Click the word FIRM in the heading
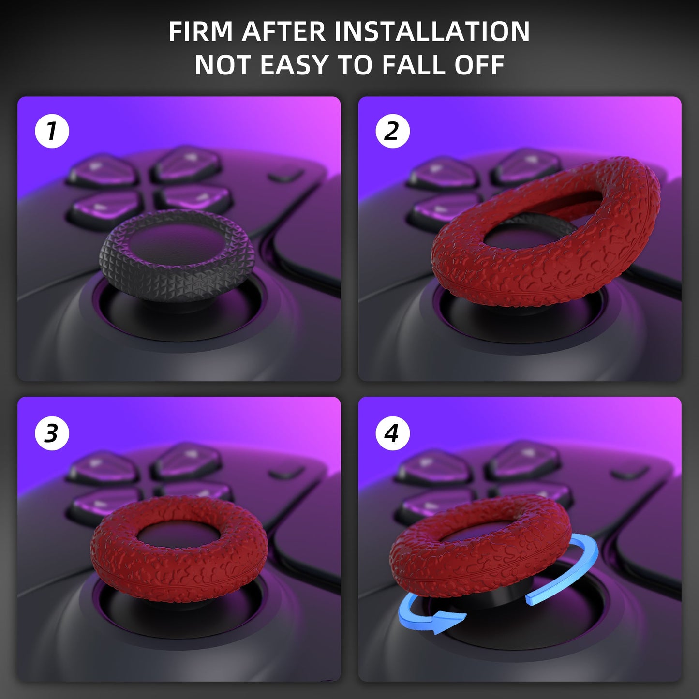click(x=200, y=31)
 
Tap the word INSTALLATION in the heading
click(x=432, y=31)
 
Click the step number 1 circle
click(x=52, y=131)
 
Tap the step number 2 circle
click(x=392, y=131)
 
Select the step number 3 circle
click(x=52, y=433)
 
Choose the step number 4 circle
click(x=392, y=433)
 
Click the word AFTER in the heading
click(x=283, y=31)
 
